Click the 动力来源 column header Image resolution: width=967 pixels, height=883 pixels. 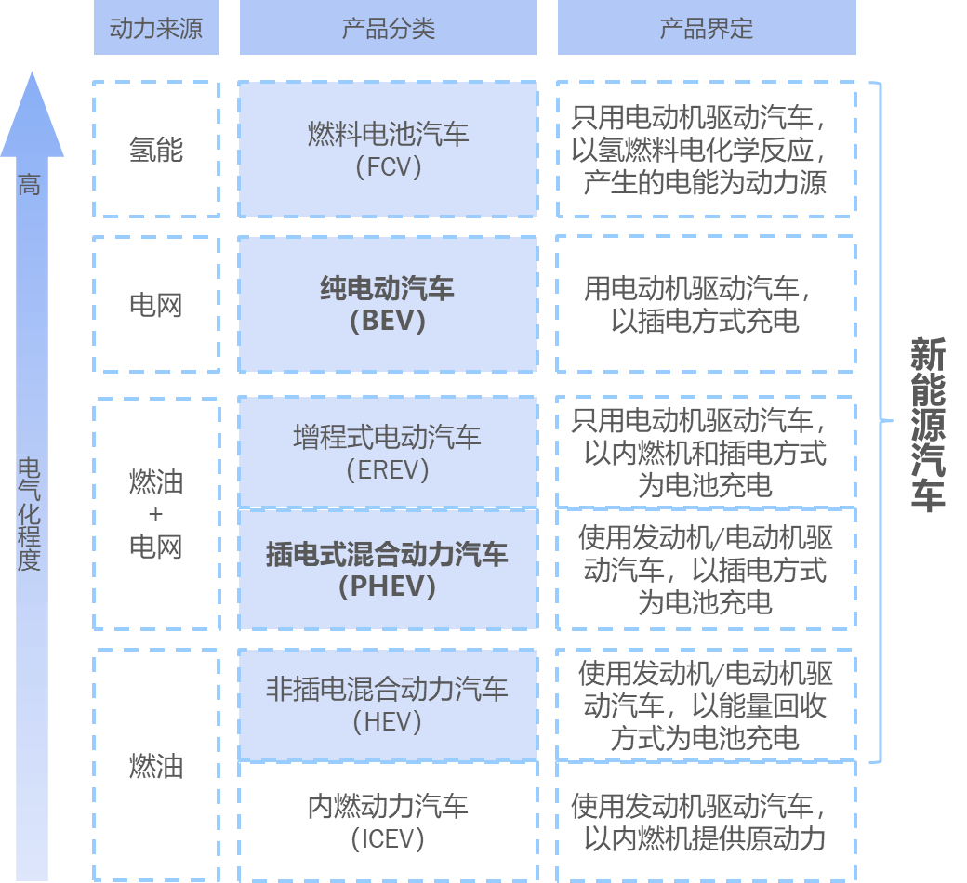point(156,29)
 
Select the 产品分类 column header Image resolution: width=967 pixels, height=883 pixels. point(389,29)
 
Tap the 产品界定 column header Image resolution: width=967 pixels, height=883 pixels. point(707,29)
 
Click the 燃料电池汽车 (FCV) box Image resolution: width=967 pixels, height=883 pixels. point(389,150)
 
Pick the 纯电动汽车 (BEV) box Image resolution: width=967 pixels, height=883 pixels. point(389,304)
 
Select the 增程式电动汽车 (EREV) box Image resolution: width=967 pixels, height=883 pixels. point(389,452)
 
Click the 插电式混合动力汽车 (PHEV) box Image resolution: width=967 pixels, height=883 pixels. point(389,569)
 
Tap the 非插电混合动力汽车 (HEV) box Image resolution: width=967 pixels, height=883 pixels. point(389,705)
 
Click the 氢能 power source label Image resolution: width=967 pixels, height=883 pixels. point(156,150)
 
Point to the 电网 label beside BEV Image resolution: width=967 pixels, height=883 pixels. point(156,305)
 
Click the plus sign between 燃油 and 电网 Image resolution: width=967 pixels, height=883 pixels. point(156,514)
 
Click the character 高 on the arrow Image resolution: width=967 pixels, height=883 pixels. point(30,185)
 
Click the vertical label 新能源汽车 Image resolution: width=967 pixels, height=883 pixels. point(927,424)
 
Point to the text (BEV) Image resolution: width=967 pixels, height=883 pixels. point(389,321)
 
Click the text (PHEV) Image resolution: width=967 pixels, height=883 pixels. point(389,586)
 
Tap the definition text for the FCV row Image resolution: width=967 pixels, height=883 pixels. point(707,150)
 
